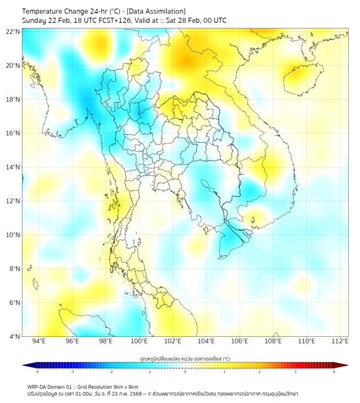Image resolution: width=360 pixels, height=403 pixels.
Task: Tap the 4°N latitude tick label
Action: point(15,336)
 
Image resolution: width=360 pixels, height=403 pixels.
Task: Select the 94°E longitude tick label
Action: point(39,341)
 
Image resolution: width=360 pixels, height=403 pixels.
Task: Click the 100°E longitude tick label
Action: point(140,341)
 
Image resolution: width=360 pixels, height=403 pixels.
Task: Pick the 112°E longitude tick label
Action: point(340,341)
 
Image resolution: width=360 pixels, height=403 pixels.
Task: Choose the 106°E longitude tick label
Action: point(240,341)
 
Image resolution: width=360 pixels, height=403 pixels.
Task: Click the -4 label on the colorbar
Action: point(37,372)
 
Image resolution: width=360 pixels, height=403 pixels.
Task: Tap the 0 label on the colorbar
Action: point(185,372)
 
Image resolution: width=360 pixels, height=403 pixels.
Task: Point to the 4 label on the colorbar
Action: point(334,372)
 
